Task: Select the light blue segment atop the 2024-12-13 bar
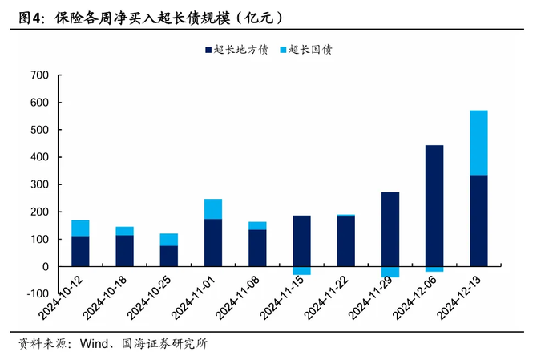click(x=478, y=142)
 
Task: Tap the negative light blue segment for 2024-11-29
click(x=390, y=272)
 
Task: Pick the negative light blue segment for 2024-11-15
click(x=301, y=270)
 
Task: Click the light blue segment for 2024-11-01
click(x=213, y=208)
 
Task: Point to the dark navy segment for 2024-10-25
click(x=168, y=256)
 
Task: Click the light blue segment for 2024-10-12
click(x=80, y=228)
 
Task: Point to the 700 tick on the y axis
click(x=38, y=75)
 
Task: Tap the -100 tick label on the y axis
click(x=35, y=293)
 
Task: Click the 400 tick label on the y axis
click(x=38, y=157)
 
